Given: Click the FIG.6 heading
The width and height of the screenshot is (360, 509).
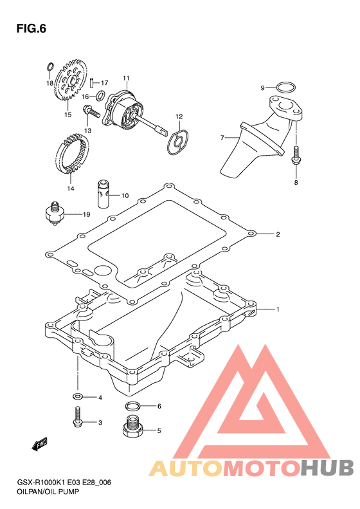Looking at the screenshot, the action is pyautogui.click(x=31, y=29).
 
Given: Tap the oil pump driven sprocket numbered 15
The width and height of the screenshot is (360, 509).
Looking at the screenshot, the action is pyautogui.click(x=71, y=80).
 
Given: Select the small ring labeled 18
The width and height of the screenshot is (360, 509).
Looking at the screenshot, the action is pyautogui.click(x=50, y=66).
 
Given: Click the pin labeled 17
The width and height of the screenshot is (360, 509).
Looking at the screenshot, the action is pyautogui.click(x=92, y=82).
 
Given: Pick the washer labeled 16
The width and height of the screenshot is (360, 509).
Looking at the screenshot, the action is pyautogui.click(x=100, y=95).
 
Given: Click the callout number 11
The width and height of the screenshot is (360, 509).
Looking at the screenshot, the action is pyautogui.click(x=126, y=79).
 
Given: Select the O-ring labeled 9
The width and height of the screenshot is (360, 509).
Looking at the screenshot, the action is pyautogui.click(x=286, y=88).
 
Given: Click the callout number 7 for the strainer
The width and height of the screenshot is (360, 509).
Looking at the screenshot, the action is pyautogui.click(x=222, y=138).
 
